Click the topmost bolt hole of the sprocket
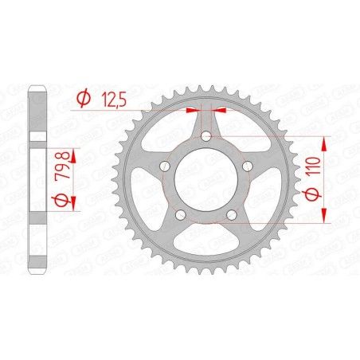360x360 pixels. coord(207,138)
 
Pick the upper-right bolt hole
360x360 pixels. coord(247,166)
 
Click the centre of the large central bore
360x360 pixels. coord(206,180)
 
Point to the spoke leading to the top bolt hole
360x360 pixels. coord(207,119)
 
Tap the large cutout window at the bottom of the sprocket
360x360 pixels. coord(206,247)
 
